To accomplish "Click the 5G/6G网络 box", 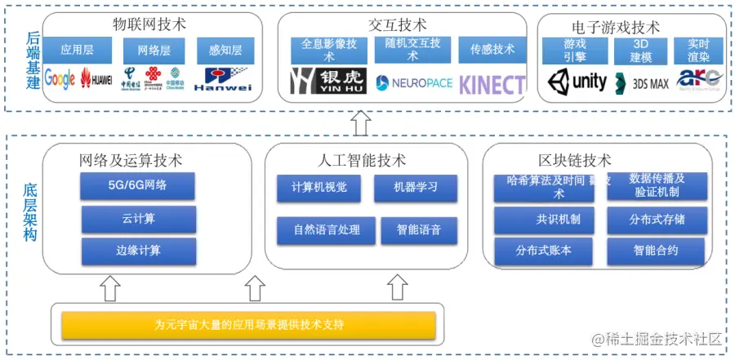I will (137, 186).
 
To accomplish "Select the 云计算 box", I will (138, 219).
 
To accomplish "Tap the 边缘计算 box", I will (138, 251).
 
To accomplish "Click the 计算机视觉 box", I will (318, 188).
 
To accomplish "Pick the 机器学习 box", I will (415, 188).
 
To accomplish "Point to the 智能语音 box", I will (415, 230).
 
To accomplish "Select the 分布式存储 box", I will (656, 220).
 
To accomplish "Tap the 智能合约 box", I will (656, 251).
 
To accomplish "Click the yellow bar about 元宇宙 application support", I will (248, 326).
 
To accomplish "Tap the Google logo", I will (60, 79).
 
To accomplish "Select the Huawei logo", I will (97, 80).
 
